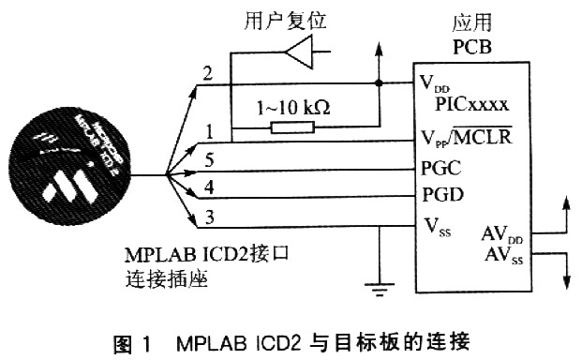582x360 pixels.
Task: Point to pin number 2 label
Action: point(207,71)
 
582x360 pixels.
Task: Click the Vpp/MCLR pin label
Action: point(466,141)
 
